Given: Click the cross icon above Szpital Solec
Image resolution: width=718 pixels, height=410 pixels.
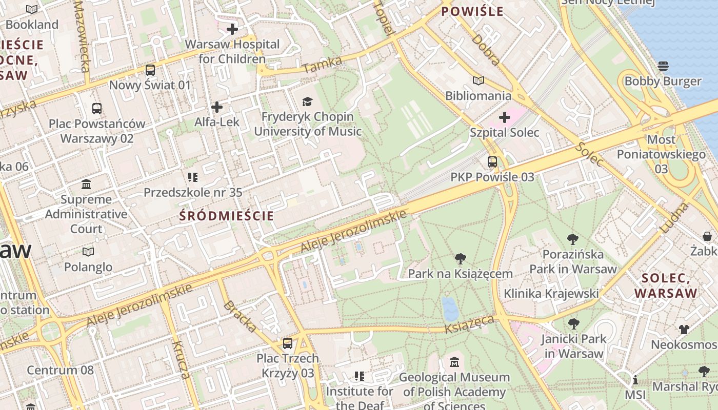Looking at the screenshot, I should (505, 118).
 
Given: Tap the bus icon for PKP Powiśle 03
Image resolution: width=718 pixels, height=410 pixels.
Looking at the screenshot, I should (492, 162).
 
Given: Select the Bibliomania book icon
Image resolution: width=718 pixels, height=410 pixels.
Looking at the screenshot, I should (478, 81).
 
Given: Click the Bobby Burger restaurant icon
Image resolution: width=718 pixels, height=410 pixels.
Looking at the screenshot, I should (663, 66).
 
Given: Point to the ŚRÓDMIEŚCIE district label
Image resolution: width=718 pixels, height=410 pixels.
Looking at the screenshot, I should (227, 216).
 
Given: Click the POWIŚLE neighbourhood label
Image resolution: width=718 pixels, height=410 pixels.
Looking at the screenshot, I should (472, 11).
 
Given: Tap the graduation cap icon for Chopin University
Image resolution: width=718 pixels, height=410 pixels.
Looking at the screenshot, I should (307, 101).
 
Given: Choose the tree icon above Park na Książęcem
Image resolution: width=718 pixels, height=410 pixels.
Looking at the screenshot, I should (460, 259).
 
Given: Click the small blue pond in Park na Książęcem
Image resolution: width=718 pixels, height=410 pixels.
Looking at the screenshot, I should (450, 309).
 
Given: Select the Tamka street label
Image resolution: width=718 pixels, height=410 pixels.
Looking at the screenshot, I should (322, 65).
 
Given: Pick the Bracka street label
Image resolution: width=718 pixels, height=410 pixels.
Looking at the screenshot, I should (240, 316).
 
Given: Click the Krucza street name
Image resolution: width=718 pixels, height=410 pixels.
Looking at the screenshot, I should (181, 360).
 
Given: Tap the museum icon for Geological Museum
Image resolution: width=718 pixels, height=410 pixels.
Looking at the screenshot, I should (454, 362).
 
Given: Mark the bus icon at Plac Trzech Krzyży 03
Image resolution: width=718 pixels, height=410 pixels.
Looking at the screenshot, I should (288, 343).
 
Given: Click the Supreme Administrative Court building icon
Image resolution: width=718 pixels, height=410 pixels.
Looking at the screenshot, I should (86, 184).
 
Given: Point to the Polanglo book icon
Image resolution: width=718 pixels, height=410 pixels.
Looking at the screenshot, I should (88, 252).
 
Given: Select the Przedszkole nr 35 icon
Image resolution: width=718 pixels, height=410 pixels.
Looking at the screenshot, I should (193, 177).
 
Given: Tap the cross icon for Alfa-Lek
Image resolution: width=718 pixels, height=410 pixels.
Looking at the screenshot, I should (217, 107).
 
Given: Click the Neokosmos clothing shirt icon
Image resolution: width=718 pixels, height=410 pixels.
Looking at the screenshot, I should (684, 329).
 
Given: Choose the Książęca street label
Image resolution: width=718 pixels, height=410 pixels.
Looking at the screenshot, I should (470, 324).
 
